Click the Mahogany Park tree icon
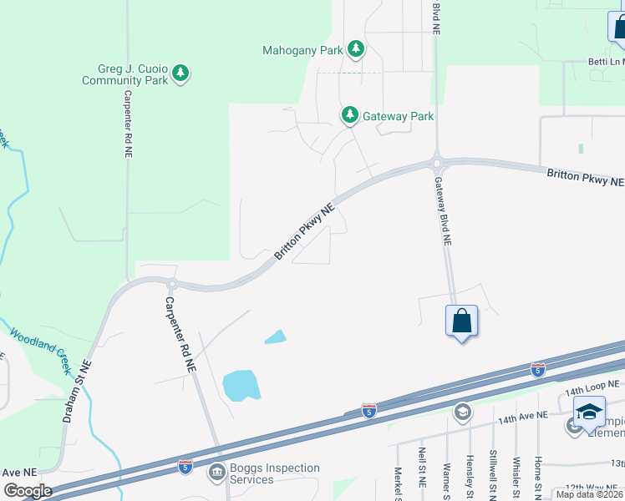tap(357, 49)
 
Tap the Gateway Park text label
tap(398, 116)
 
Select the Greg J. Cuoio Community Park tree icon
tap(180, 74)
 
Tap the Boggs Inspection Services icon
tap(217, 473)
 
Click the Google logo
tap(27, 491)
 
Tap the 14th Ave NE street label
tap(523, 416)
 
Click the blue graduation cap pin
tap(589, 412)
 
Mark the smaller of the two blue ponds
tap(275, 337)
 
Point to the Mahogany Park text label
tap(302, 50)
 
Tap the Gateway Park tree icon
tap(349, 115)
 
